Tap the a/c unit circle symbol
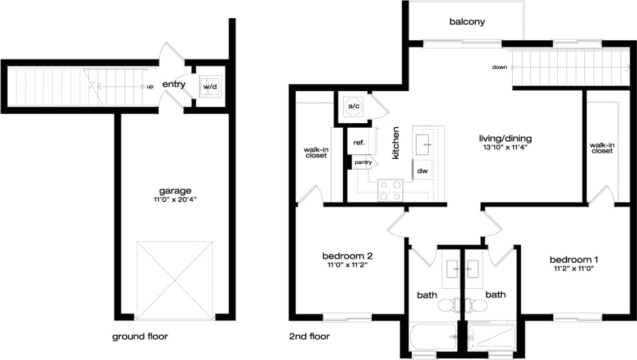[x=352, y=107]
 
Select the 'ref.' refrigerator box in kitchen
[x=359, y=142]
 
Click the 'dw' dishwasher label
[x=422, y=170]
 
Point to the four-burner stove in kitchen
[x=390, y=190]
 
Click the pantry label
[x=363, y=162]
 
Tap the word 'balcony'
[x=467, y=22]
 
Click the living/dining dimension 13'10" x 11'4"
[x=505, y=147]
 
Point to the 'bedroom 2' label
[x=348, y=256]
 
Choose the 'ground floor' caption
[x=140, y=336]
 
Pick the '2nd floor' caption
[x=309, y=336]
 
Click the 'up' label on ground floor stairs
[x=150, y=87]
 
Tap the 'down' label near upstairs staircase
[x=499, y=68]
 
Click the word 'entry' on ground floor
[x=174, y=85]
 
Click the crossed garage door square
[x=175, y=279]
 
